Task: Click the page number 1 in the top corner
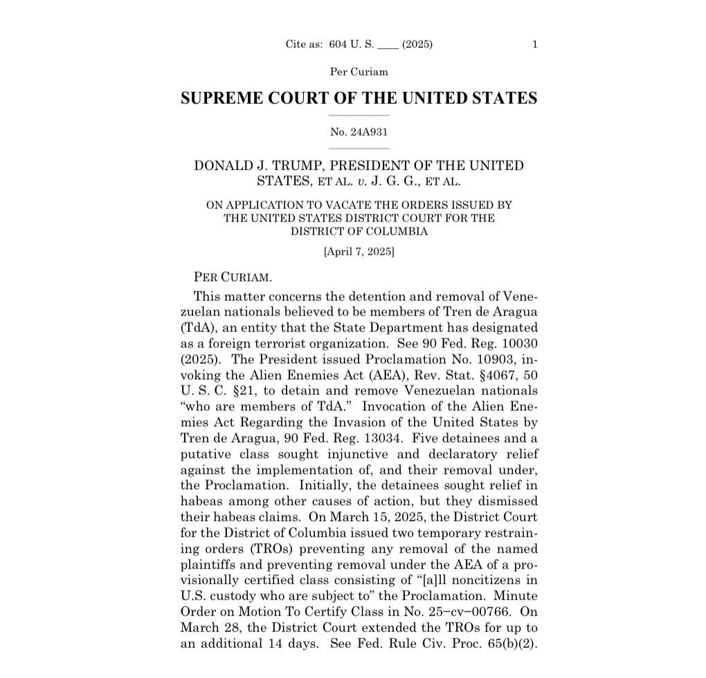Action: pyautogui.click(x=534, y=45)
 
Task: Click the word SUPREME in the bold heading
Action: pyautogui.click(x=218, y=98)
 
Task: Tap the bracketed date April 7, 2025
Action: pyautogui.click(x=359, y=253)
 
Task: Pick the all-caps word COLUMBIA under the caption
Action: pyautogui.click(x=392, y=232)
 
